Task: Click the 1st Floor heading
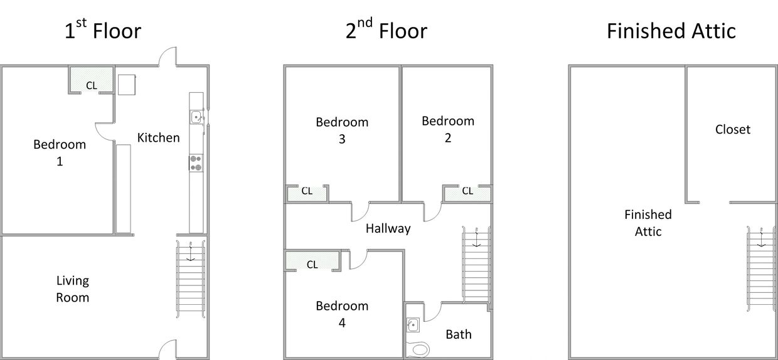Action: [103, 29]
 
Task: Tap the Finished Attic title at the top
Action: [671, 31]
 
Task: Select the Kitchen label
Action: [158, 138]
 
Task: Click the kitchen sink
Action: [196, 117]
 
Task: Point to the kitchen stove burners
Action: [196, 163]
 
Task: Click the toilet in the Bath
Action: [418, 349]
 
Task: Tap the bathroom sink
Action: [413, 325]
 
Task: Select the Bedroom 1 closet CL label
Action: [92, 85]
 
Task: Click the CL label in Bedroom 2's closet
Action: [467, 191]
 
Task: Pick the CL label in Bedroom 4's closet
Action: [312, 265]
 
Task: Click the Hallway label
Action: [388, 228]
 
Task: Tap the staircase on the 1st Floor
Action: [191, 278]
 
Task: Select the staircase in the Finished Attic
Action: [761, 268]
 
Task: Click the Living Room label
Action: [73, 289]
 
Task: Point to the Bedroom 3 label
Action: [342, 130]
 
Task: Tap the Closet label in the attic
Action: [733, 129]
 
